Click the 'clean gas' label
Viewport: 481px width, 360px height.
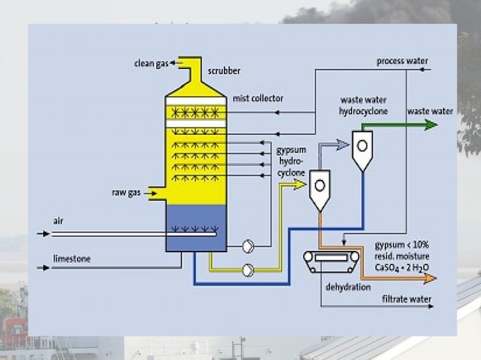pyautogui.click(x=152, y=63)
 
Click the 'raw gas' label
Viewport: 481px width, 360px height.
pyautogui.click(x=127, y=194)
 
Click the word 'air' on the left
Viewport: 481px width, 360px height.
pyautogui.click(x=59, y=220)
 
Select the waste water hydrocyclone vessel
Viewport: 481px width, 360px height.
pyautogui.click(x=363, y=150)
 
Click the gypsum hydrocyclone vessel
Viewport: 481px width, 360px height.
pyautogui.click(x=320, y=188)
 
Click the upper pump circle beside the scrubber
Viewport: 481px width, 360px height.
pyautogui.click(x=248, y=246)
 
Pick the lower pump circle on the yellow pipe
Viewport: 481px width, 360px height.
pyautogui.click(x=248, y=270)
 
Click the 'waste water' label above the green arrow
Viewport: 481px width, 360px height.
pyautogui.click(x=430, y=111)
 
